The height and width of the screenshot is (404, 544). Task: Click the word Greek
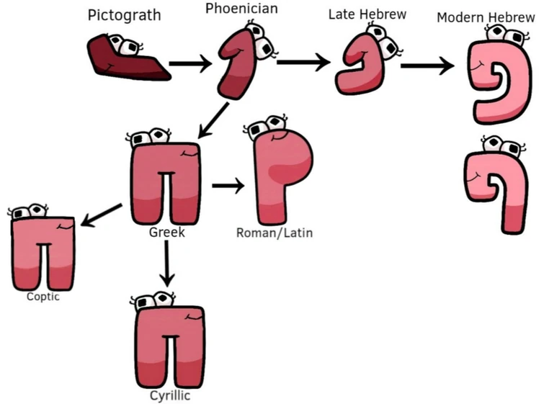click(167, 233)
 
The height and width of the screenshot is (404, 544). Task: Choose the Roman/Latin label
click(275, 233)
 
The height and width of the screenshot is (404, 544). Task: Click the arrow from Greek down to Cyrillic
click(167, 263)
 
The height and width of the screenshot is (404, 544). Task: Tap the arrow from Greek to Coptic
click(102, 214)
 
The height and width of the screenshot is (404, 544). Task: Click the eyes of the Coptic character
click(29, 212)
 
